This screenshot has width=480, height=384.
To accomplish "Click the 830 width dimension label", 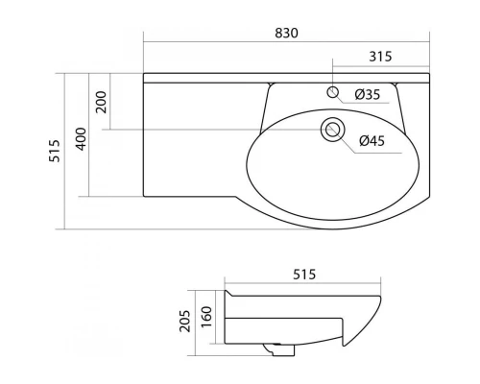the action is tap(286, 33).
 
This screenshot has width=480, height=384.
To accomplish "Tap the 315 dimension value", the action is tap(380, 57).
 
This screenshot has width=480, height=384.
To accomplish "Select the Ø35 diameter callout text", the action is tap(368, 94).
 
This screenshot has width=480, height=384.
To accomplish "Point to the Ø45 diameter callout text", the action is tap(372, 141).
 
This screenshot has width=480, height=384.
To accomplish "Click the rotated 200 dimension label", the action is tap(102, 102).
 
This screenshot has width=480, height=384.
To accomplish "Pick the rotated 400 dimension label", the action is tap(81, 139).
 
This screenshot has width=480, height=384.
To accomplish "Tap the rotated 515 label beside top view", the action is tap(55, 151).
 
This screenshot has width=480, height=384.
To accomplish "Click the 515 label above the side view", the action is tap(304, 275).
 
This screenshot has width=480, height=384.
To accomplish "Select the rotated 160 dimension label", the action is tap(206, 317).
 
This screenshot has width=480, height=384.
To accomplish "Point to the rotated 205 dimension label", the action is tap(184, 321).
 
